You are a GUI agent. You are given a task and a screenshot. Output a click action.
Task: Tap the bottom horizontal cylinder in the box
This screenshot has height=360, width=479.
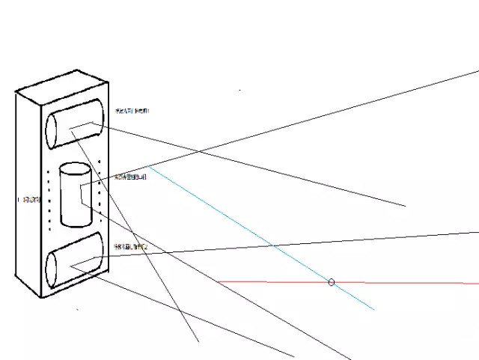(x=74, y=261)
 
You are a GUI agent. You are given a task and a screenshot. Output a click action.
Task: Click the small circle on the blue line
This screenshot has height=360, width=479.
(x=332, y=282)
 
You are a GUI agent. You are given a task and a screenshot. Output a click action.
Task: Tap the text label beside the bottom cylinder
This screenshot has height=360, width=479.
(x=130, y=245)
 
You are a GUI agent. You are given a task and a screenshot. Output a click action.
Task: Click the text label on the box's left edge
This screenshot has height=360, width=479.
(x=31, y=200)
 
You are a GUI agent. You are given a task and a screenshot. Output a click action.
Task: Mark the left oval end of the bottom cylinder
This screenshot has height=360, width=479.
(x=52, y=270)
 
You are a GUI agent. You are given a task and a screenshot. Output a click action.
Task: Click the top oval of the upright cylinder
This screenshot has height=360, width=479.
(x=75, y=168)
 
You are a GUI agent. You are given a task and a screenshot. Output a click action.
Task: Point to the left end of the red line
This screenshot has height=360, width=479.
(x=218, y=281)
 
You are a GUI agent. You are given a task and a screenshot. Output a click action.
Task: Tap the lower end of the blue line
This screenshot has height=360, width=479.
(x=373, y=308)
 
